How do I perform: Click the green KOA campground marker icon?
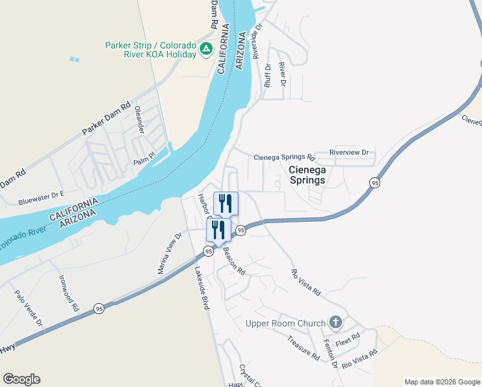pyautogui.click(x=206, y=49)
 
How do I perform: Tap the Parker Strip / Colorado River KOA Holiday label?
pyautogui.click(x=151, y=50)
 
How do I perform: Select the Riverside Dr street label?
pyautogui.click(x=258, y=43)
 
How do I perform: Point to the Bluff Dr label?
pyautogui.click(x=267, y=75)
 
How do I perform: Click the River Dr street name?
pyautogui.click(x=282, y=74)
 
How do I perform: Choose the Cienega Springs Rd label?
pyautogui.click(x=284, y=157)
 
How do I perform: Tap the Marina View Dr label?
pyautogui.click(x=171, y=253)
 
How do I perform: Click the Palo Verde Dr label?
pyautogui.click(x=28, y=308)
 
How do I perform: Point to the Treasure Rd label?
pyautogui.click(x=304, y=347)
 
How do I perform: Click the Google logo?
pyautogui.click(x=21, y=379)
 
